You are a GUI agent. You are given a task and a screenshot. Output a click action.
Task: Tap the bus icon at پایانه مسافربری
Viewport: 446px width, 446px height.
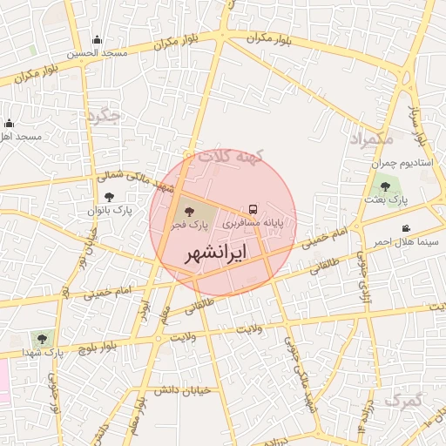point(253,210)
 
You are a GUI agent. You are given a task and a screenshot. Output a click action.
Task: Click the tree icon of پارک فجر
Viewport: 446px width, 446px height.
point(190,212)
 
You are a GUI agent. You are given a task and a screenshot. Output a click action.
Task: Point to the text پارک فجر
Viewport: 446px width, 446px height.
point(191,225)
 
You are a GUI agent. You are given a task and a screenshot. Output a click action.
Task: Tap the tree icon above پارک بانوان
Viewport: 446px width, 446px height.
point(109,197)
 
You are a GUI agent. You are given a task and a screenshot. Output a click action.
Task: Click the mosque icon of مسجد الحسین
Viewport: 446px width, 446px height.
point(97,39)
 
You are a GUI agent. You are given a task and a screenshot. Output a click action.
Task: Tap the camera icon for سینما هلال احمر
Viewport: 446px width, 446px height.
point(406,228)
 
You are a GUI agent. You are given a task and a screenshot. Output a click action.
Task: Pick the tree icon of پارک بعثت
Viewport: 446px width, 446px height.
point(385,186)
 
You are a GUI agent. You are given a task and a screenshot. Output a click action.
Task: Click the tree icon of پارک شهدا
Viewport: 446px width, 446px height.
point(41,338)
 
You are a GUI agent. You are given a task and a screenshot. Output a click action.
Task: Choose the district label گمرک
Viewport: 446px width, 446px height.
point(402,401)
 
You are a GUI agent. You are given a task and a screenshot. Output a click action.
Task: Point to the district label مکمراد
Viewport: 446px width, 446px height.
point(371,139)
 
